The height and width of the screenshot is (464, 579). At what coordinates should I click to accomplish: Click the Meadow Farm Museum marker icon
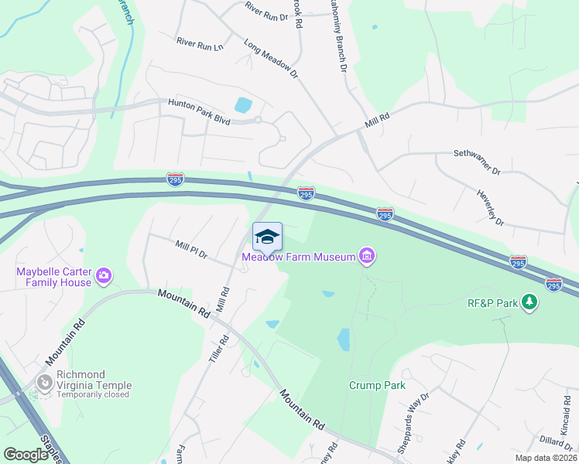tap(367, 256)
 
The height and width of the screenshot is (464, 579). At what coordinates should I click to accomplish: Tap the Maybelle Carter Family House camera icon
tap(103, 275)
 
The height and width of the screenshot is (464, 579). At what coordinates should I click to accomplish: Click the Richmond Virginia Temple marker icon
tap(45, 383)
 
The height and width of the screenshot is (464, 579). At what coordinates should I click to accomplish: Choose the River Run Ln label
tap(199, 45)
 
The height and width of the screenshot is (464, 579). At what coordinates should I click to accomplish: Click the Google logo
tap(26, 455)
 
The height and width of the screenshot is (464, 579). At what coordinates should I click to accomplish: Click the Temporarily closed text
tap(93, 396)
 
